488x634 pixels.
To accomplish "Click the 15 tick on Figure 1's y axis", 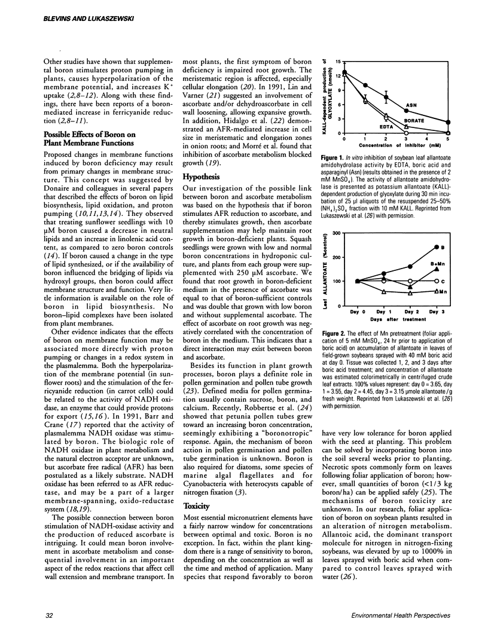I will (339, 61).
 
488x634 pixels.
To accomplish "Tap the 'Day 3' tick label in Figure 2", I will (437, 312).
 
